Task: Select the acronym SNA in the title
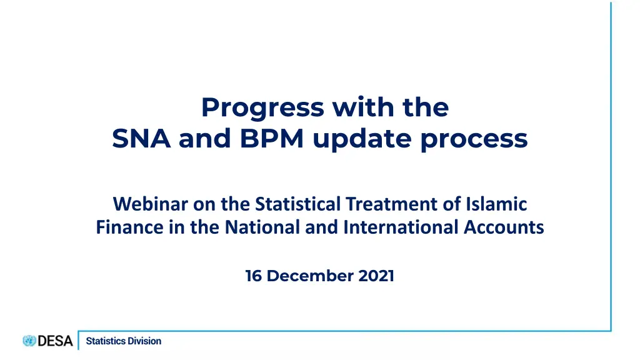[141, 138]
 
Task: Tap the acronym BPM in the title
[272, 138]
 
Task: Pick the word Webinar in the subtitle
[150, 204]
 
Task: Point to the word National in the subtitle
[262, 227]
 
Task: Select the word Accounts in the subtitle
[504, 227]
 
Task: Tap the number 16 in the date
[254, 276]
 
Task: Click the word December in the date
[310, 276]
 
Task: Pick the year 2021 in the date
[376, 276]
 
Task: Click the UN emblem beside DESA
[29, 341]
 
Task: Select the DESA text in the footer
[55, 341]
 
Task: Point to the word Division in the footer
[144, 341]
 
